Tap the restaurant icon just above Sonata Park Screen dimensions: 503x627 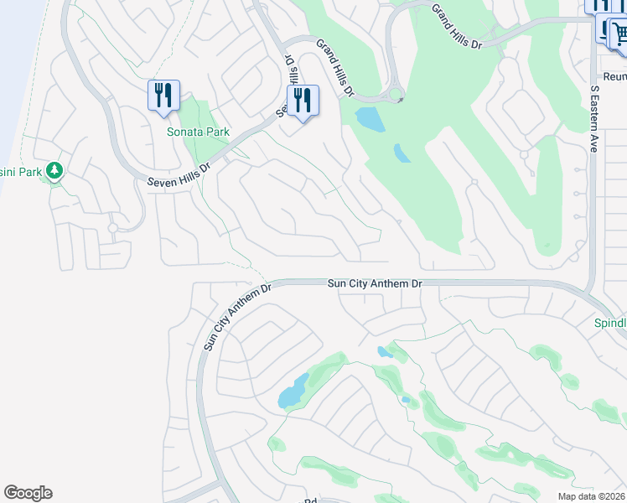pyautogui.click(x=163, y=95)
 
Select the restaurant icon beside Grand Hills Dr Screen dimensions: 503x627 pyautogui.click(x=303, y=101)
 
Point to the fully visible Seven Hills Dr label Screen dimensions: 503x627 pyautogui.click(x=179, y=174)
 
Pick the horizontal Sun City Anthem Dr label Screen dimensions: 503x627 pyautogui.click(x=374, y=284)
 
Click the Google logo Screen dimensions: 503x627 pyautogui.click(x=28, y=493)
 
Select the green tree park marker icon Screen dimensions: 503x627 pyautogui.click(x=54, y=171)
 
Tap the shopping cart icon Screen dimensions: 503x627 pyautogui.click(x=619, y=34)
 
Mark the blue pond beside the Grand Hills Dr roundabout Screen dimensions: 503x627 pyautogui.click(x=370, y=119)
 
